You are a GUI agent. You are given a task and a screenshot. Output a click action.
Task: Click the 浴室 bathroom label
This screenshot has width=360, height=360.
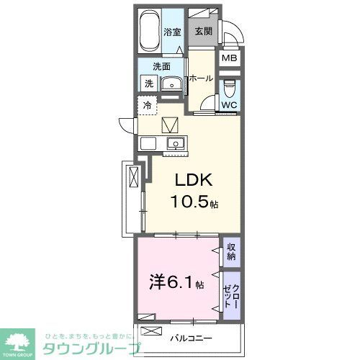click(x=171, y=32)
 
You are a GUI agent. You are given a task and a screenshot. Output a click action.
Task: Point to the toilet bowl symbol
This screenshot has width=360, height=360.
click(x=229, y=89)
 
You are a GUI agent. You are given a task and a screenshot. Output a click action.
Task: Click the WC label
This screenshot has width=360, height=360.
click(x=228, y=105)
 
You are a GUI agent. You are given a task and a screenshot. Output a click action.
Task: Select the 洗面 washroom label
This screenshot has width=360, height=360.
click(x=161, y=66)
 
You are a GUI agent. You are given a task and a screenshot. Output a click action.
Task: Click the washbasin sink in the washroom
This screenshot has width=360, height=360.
click(x=171, y=85)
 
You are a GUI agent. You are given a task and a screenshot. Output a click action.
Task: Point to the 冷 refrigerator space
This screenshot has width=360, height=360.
click(x=147, y=105)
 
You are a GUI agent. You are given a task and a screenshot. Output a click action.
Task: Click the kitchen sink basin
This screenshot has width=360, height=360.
click(x=175, y=143)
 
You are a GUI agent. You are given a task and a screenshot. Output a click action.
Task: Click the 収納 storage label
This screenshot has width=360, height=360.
click(x=230, y=251)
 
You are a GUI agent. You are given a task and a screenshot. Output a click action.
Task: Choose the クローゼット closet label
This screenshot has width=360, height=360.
click(x=230, y=294)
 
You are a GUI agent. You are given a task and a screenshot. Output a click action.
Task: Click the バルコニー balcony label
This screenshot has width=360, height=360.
click(x=189, y=336)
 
